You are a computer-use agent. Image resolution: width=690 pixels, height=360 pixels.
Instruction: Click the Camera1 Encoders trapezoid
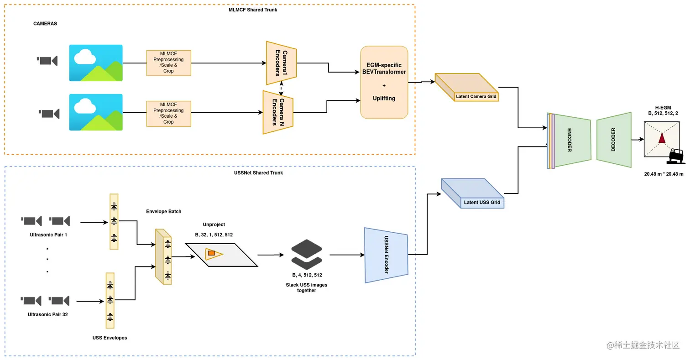coord(282,63)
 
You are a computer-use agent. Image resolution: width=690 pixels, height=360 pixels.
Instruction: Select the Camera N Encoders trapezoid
coord(278,112)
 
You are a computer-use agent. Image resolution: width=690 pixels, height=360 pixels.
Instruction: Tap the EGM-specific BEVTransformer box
coord(384,82)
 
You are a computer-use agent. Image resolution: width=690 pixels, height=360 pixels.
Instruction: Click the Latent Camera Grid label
coord(476,97)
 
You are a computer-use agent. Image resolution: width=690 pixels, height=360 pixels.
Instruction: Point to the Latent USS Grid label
coord(482,202)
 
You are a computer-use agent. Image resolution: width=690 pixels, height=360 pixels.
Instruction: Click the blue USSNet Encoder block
coord(386,255)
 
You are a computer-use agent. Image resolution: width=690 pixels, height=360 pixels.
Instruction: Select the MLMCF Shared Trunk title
coord(253,10)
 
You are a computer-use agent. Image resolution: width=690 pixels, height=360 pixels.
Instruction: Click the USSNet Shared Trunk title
coord(256,173)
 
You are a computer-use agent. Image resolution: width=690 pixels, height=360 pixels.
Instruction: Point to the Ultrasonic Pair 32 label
coord(47,314)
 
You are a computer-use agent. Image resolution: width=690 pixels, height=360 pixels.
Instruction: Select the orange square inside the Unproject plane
coord(211,253)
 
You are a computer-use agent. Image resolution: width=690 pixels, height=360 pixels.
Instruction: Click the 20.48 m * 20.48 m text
coord(664,174)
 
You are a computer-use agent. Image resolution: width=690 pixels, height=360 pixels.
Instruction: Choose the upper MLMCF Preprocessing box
coord(168,63)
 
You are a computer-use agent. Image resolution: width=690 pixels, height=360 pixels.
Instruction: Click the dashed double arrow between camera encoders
coord(282,88)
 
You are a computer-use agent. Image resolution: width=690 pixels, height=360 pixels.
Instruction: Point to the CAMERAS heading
coord(45,23)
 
